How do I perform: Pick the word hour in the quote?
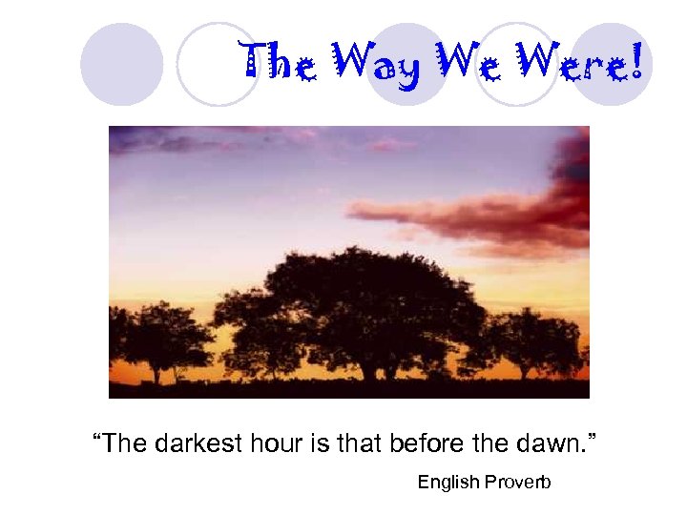pos(273,443)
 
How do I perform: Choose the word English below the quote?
pos(448,483)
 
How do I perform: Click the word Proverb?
pos(516,483)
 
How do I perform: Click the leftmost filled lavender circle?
pos(121,64)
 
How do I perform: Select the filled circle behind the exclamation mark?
pos(612,64)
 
